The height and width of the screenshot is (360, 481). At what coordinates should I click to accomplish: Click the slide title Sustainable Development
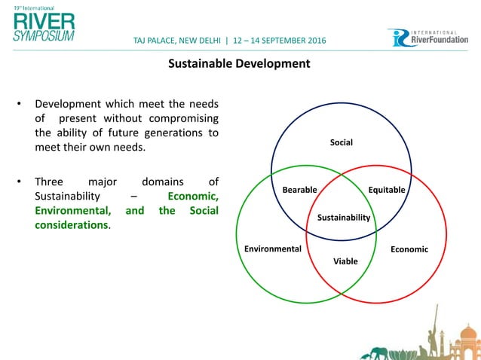pos(238,64)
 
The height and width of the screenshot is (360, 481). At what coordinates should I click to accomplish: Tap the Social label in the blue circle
pos(342,142)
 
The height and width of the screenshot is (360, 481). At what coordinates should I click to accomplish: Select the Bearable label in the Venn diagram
pos(299,190)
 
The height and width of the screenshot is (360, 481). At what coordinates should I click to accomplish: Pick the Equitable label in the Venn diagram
pos(387,190)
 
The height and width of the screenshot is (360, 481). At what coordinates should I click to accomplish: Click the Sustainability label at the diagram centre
pos(343,218)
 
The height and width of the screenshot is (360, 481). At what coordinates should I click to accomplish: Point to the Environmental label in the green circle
pos(273,249)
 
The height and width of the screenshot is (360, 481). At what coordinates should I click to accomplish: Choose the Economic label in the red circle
pos(409,249)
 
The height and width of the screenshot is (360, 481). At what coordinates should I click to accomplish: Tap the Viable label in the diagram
pos(345,261)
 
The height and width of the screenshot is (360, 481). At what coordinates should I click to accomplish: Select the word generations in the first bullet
pos(175,133)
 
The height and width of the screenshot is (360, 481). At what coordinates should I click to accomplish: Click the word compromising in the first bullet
pos(178,118)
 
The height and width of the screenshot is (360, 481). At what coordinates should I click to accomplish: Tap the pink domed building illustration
pos(468,339)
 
